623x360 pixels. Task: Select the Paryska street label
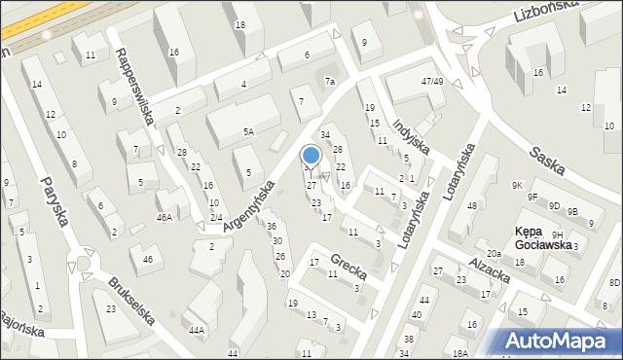pyautogui.click(x=56, y=200)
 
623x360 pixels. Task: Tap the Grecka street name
pyautogui.click(x=348, y=262)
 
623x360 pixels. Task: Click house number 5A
pyautogui.click(x=249, y=131)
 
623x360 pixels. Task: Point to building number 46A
pyautogui.click(x=165, y=218)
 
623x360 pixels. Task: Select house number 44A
pyautogui.click(x=197, y=331)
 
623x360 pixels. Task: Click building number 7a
pyautogui.click(x=331, y=81)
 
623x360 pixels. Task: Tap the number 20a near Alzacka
pyautogui.click(x=494, y=254)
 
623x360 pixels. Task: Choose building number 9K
pyautogui.click(x=519, y=185)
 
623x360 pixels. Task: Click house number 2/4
pyautogui.click(x=216, y=217)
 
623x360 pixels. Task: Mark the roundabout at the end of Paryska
pyautogui.click(x=82, y=264)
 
